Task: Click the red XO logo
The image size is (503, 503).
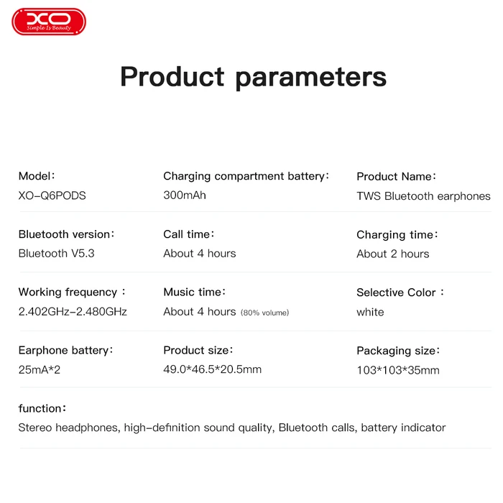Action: click(49, 22)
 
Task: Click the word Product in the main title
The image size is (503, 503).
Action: click(172, 76)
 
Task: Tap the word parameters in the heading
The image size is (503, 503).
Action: click(311, 78)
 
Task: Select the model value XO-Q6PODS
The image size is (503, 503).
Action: click(52, 195)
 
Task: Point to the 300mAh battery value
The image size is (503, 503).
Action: click(185, 195)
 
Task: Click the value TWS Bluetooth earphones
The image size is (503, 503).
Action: click(423, 196)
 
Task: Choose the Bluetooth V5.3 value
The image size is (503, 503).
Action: click(56, 253)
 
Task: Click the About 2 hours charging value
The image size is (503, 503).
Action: click(392, 254)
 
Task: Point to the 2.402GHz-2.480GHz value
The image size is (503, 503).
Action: click(73, 312)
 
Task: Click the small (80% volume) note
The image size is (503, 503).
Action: click(264, 313)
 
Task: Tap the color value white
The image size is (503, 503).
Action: click(370, 312)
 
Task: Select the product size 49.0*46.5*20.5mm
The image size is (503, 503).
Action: click(212, 369)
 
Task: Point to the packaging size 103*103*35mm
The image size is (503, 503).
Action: click(397, 370)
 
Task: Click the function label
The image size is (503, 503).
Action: click(41, 408)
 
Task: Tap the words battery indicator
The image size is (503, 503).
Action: click(403, 428)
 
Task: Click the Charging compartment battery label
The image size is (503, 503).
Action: click(244, 176)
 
